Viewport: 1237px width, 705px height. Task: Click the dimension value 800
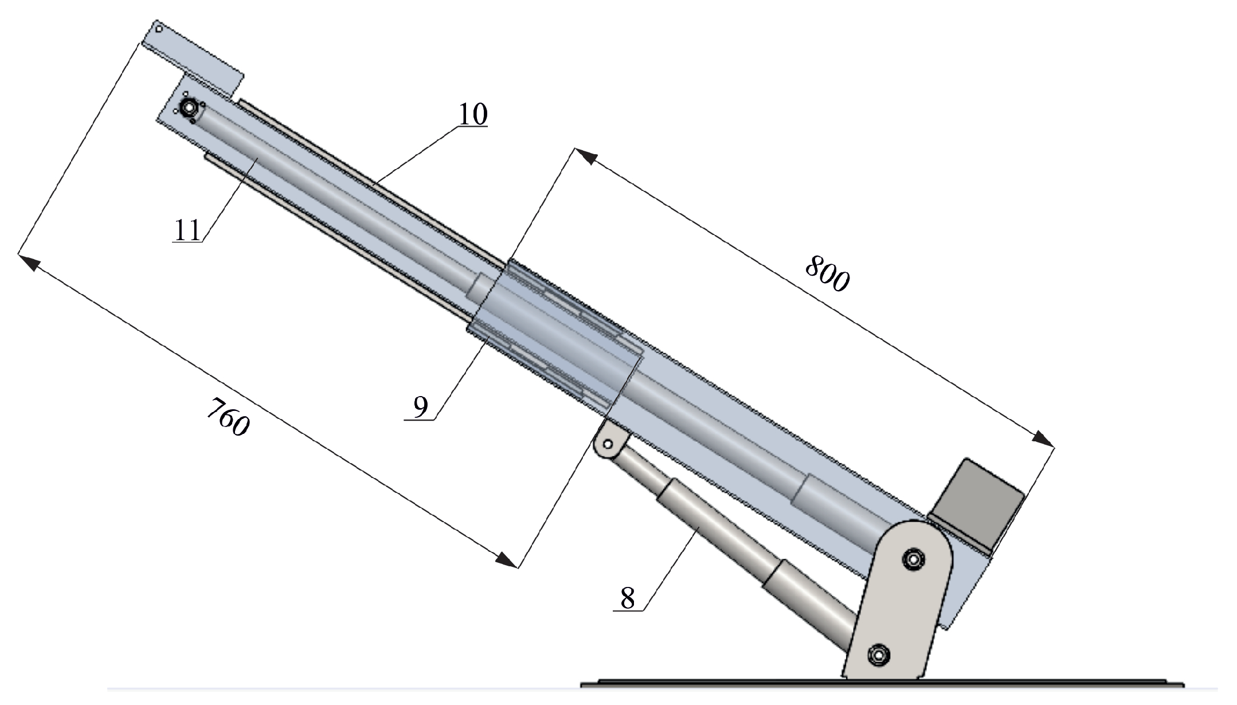tap(827, 273)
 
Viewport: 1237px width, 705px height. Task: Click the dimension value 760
tap(228, 417)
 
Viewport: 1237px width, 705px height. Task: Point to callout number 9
tap(420, 408)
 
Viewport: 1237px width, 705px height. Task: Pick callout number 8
tap(628, 599)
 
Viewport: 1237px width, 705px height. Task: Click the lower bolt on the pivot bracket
tap(878, 654)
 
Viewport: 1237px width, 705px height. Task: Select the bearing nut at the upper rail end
tap(188, 108)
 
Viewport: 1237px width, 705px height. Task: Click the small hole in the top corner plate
tap(159, 28)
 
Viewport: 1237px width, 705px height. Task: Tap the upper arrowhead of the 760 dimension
tap(30, 262)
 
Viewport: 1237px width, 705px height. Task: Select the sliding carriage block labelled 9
tap(556, 332)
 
